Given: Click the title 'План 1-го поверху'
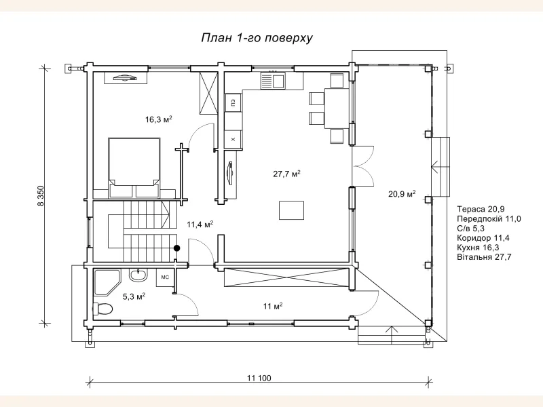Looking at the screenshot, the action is coord(257,38).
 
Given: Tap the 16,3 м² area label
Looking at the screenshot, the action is coord(159,120).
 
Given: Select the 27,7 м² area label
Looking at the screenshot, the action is coord(286,174).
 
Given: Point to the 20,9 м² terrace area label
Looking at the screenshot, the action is coord(402,194).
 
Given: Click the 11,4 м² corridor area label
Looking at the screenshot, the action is coord(200,225).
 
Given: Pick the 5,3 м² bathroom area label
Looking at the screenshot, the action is coord(134,296).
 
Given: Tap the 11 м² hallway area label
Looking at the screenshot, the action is coord(273,307).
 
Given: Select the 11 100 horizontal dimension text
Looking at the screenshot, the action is coord(259,378).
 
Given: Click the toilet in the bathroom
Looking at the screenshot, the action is coord(102,309).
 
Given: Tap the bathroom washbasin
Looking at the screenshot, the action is coord(138,275).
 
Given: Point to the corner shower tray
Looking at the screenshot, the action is coord(107,282).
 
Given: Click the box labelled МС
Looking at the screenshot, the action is coord(165,277).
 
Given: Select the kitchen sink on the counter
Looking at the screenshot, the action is coord(272,81).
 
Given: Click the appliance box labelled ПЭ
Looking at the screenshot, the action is coord(233,103).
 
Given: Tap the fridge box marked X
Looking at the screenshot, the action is coord(233,140).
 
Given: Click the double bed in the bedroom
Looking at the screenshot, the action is coord(134,168).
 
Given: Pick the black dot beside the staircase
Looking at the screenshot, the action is coord(177,248).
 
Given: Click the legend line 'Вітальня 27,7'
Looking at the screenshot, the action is coord(484,257).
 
